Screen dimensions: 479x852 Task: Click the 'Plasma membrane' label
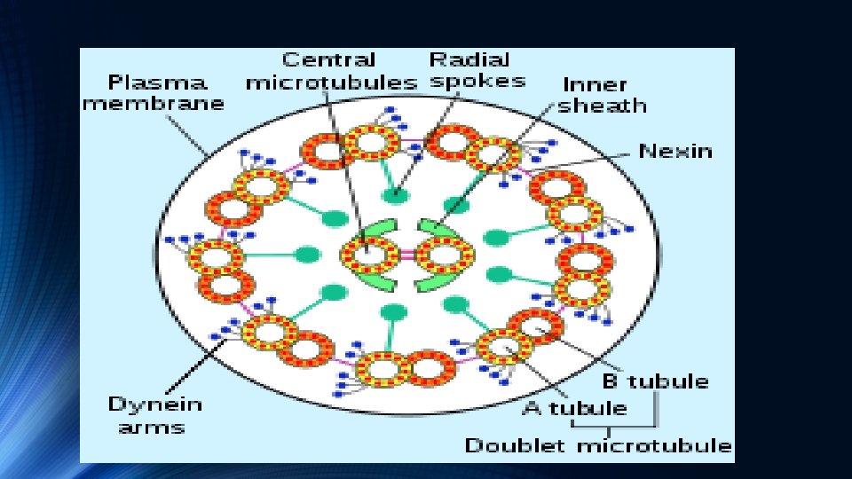154,92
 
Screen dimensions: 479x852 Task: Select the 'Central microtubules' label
330,72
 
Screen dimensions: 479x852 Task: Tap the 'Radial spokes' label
476,70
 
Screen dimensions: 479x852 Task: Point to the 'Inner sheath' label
603,95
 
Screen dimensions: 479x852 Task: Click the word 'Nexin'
675,151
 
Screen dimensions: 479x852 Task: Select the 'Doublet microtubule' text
599,445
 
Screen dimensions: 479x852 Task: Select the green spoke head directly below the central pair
393,312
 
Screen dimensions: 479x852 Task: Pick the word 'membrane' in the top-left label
154,103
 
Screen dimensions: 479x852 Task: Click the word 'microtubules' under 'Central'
330,83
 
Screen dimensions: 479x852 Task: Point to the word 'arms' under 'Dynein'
146,427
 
